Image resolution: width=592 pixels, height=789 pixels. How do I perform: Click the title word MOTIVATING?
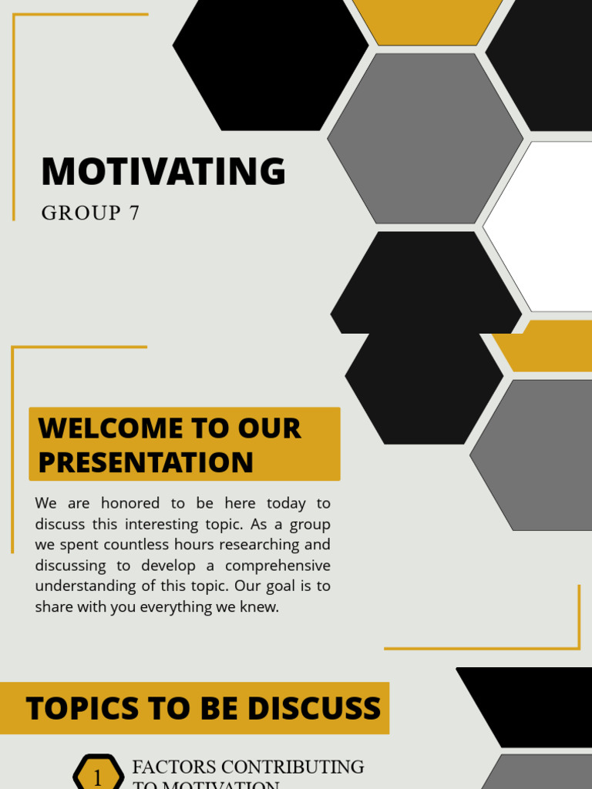[163, 171]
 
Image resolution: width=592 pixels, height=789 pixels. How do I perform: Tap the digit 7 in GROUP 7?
[134, 213]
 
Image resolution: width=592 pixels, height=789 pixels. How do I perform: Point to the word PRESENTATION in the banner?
[146, 462]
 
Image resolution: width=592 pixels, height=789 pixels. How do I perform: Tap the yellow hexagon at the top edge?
[426, 20]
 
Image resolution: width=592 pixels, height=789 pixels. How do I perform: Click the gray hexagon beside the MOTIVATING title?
[425, 139]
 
